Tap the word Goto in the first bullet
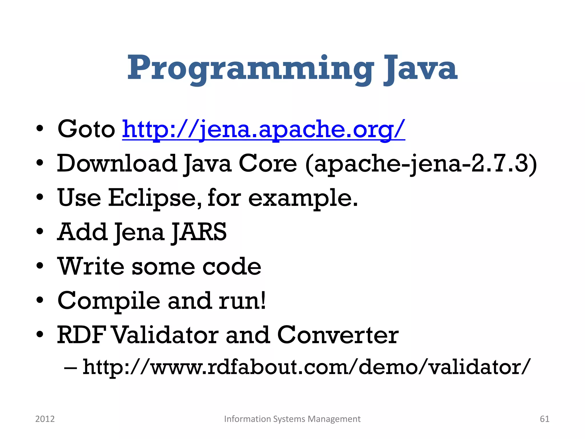(86, 129)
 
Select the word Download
(117, 163)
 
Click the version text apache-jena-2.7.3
(421, 164)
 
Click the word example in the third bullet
(300, 198)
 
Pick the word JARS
(199, 232)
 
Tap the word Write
(91, 266)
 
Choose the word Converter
(338, 335)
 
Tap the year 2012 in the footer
(45, 419)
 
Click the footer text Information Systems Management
(292, 419)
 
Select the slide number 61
(544, 419)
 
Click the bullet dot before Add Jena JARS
(40, 231)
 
